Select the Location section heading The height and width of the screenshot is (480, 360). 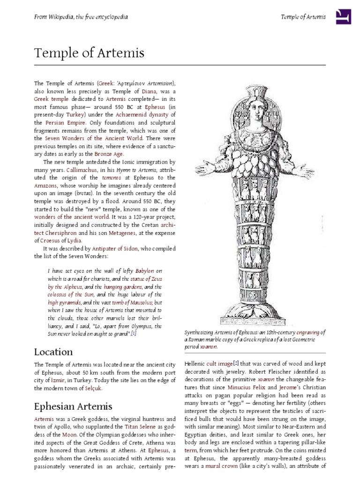53,352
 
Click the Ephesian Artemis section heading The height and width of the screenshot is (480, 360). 73,406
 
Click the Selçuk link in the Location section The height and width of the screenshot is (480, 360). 93,388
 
